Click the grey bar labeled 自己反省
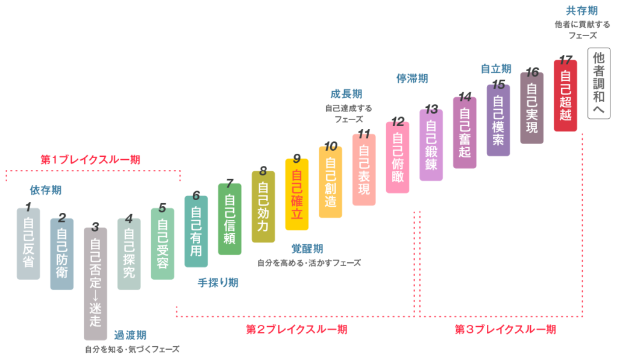[28, 244]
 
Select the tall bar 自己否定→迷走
[95, 283]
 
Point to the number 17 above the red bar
[565, 59]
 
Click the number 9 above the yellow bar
[296, 158]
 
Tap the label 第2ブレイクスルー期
[296, 329]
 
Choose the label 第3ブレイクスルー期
[505, 329]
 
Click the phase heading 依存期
[46, 191]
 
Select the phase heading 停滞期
[412, 78]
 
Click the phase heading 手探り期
[218, 282]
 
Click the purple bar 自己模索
[498, 120]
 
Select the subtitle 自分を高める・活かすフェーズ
[309, 263]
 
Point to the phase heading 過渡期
[130, 335]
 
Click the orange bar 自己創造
[330, 182]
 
